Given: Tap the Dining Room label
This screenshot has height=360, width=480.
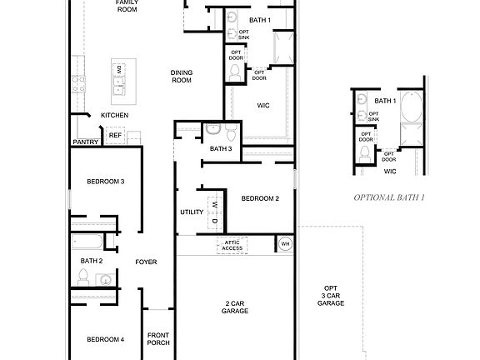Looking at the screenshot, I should pos(182,77).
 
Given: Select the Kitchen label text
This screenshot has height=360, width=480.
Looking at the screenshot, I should pos(114,115).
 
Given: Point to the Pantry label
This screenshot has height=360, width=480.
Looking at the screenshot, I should pos(86,142).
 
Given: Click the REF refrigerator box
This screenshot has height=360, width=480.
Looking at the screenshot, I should pos(115,135).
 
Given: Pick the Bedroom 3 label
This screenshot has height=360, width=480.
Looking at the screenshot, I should pos(106,182).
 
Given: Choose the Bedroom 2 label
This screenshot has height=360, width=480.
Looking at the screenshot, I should pos(260,198).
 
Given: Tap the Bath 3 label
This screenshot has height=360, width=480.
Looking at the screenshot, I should pos(221,149).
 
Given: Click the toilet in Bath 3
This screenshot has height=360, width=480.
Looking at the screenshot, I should pos(213,130).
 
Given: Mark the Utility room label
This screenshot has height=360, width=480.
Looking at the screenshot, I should pos(191,212).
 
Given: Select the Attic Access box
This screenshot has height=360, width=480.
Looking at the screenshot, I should pos(232,245).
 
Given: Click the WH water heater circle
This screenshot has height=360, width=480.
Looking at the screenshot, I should pos(284,244).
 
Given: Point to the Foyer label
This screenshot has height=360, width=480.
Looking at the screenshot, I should pos(146,262).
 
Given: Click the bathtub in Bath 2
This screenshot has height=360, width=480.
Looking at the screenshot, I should pos(87,243).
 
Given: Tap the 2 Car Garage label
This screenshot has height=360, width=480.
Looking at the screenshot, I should pos(236,307).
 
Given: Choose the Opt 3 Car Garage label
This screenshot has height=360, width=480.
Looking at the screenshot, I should pos(331,297).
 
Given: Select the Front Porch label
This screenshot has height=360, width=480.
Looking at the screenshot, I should pos(158,338).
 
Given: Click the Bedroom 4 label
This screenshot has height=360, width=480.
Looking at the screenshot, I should pos(106,339).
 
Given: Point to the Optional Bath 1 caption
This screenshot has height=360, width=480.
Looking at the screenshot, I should pos(389,197).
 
